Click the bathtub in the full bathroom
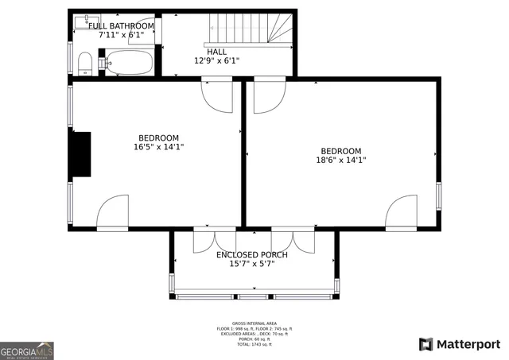coord(130,62)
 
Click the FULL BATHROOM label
coord(121,26)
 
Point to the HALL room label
coord(216,52)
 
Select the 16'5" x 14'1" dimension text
coord(159,147)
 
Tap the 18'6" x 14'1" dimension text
coord(340,160)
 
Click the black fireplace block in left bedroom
coord(80,154)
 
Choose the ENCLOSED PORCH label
coord(252,254)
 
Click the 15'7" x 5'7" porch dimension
coord(252,264)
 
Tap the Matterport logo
coord(460,344)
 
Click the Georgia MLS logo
coord(27,350)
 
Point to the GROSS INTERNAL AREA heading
coord(254,323)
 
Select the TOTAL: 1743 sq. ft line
coord(254,345)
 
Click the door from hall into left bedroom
coord(217,94)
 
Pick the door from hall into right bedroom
coord(269,94)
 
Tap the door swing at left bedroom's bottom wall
coord(113,212)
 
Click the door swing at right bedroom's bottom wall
coord(401,212)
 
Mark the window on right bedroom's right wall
coord(437,195)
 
